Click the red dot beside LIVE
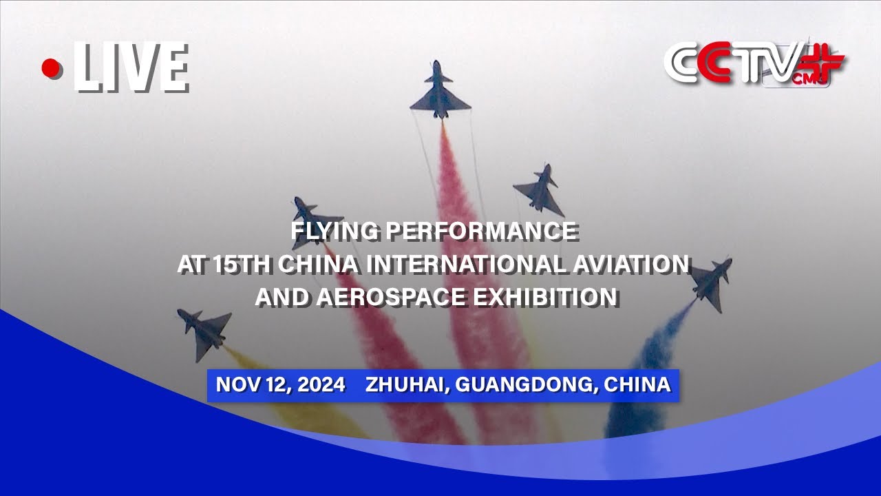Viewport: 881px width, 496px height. coord(50,68)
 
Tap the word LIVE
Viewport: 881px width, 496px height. coord(131,68)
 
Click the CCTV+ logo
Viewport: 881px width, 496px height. coord(754,64)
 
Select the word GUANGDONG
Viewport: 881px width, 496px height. coord(525,384)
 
